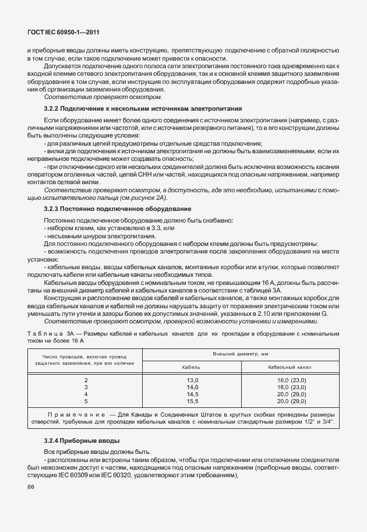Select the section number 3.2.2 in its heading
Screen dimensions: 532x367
pyautogui.click(x=54, y=109)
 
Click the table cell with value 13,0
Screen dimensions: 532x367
pyautogui.click(x=192, y=379)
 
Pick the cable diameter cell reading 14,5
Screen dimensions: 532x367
pyautogui.click(x=192, y=394)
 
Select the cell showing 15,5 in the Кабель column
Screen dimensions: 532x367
pyautogui.click(x=192, y=401)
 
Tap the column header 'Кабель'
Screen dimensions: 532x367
pyautogui.click(x=192, y=367)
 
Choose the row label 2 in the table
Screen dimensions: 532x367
pyautogui.click(x=86, y=379)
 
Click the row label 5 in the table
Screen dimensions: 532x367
pyautogui.click(x=86, y=401)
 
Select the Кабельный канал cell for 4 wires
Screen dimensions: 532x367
pyautogui.click(x=291, y=394)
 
